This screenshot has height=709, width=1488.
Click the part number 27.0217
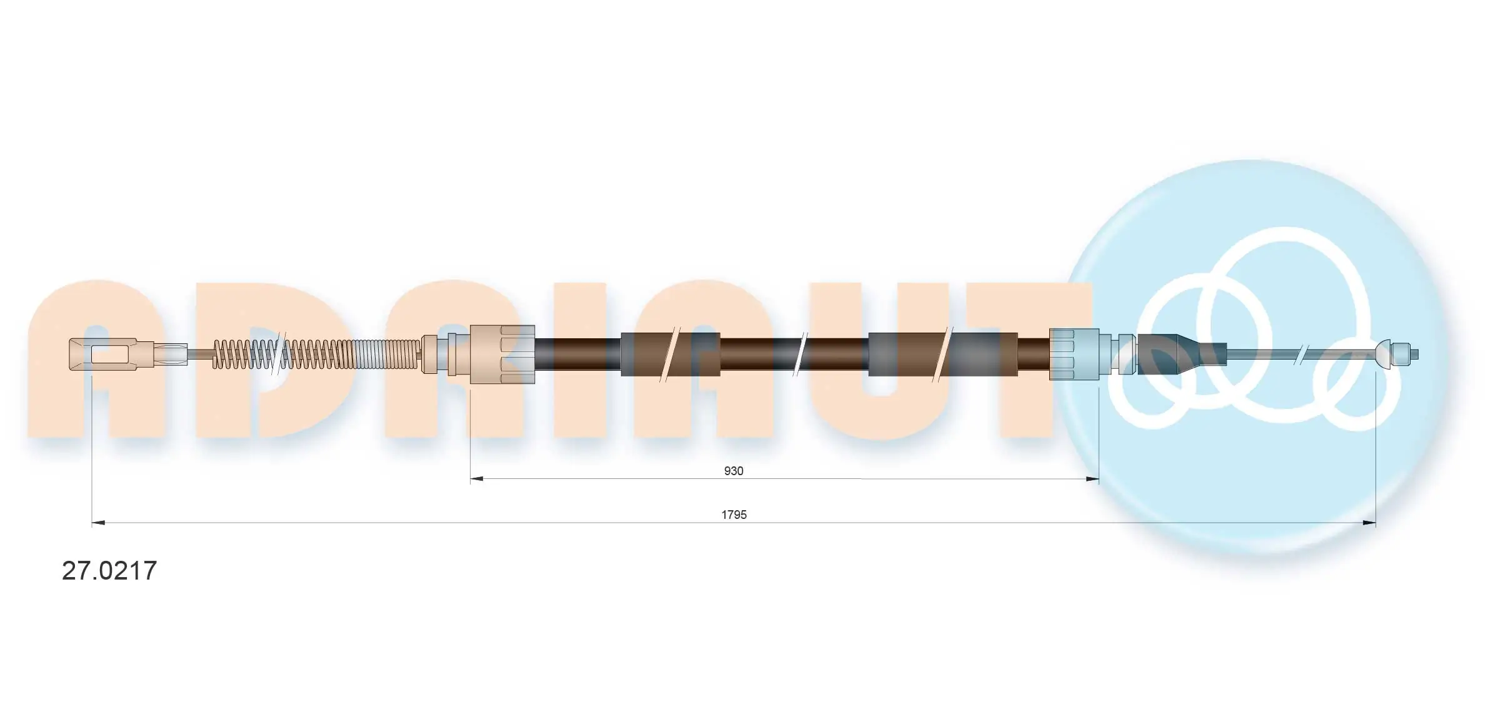coord(109,571)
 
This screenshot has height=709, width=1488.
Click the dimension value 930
coord(734,471)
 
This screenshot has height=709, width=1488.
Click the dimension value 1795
coord(734,515)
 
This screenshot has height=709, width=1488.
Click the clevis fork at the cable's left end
coord(103,354)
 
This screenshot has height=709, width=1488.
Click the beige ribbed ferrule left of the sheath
coord(502,354)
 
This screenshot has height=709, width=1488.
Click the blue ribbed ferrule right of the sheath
coord(1074,354)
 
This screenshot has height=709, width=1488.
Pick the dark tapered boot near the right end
coord(1175,354)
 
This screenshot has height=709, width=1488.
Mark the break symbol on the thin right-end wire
coord(1301,354)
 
